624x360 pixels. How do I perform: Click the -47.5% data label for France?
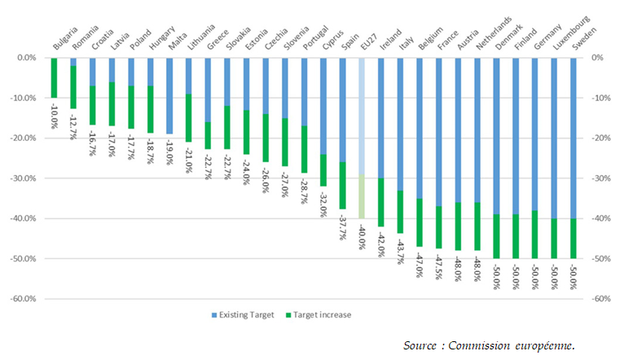coord(439,266)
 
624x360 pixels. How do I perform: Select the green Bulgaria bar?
coord(54,78)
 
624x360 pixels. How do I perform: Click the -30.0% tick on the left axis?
coord(24,178)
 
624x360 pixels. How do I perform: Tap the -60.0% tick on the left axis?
coord(24,298)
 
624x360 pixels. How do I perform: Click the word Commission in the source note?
coord(489,346)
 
